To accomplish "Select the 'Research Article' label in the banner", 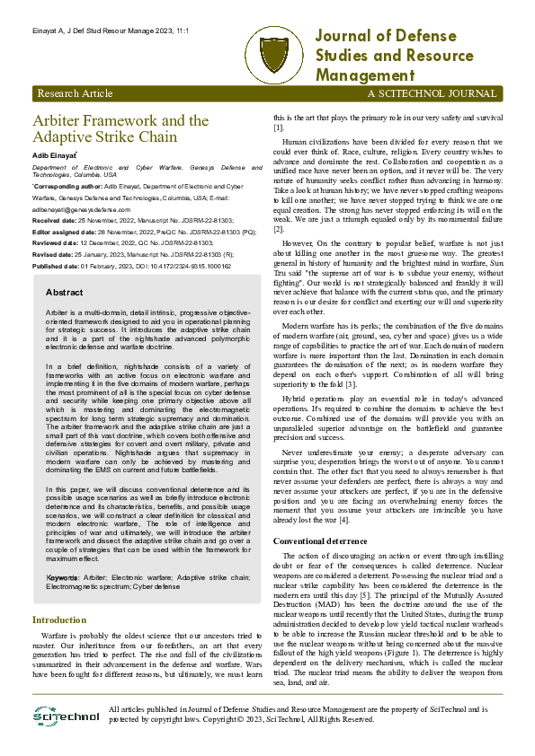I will point(75,93).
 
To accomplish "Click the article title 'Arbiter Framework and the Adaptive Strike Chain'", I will point(120,129).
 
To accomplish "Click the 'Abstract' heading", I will point(64,293).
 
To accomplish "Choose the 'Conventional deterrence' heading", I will point(321,541).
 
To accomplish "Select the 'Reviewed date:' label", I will point(55,243).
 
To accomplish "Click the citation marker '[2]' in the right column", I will point(278,230).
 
